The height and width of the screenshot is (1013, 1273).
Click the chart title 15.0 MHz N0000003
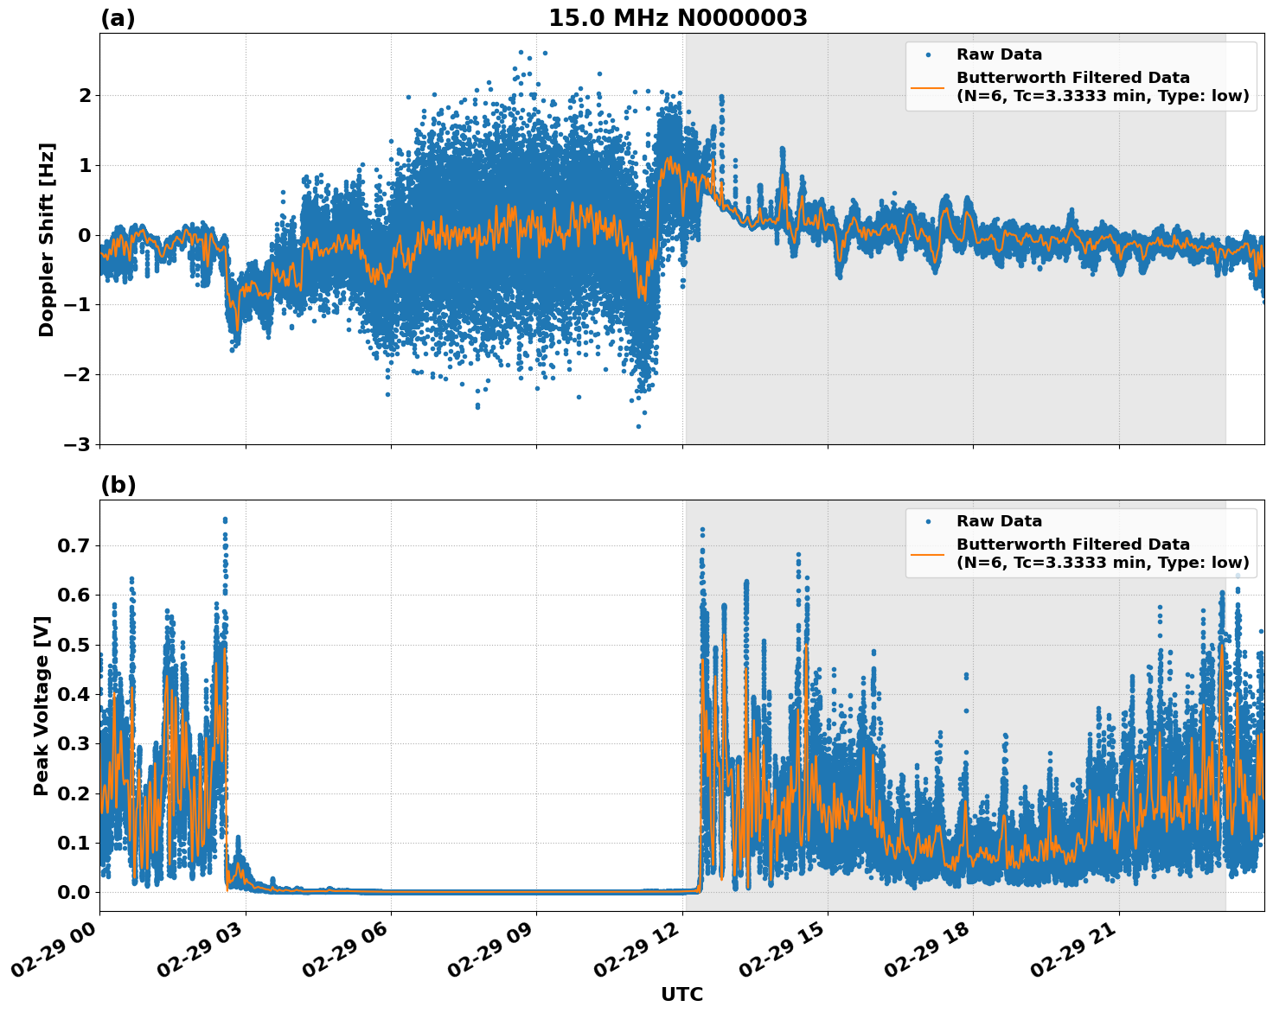(677, 18)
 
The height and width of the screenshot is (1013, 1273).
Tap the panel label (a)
(118, 18)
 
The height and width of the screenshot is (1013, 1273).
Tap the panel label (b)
(118, 485)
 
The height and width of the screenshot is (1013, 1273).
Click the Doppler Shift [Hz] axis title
(47, 239)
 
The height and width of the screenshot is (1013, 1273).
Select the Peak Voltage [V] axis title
(42, 705)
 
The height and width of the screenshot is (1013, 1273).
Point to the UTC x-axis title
(681, 994)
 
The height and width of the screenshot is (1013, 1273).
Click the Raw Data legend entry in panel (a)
(999, 55)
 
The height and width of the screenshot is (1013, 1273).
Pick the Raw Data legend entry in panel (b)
(999, 521)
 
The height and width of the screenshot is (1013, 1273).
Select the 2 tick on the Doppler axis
(84, 95)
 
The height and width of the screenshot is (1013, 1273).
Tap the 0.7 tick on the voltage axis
(74, 545)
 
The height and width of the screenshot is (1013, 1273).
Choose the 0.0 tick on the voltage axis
(74, 892)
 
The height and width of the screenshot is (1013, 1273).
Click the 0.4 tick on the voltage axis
(74, 694)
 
